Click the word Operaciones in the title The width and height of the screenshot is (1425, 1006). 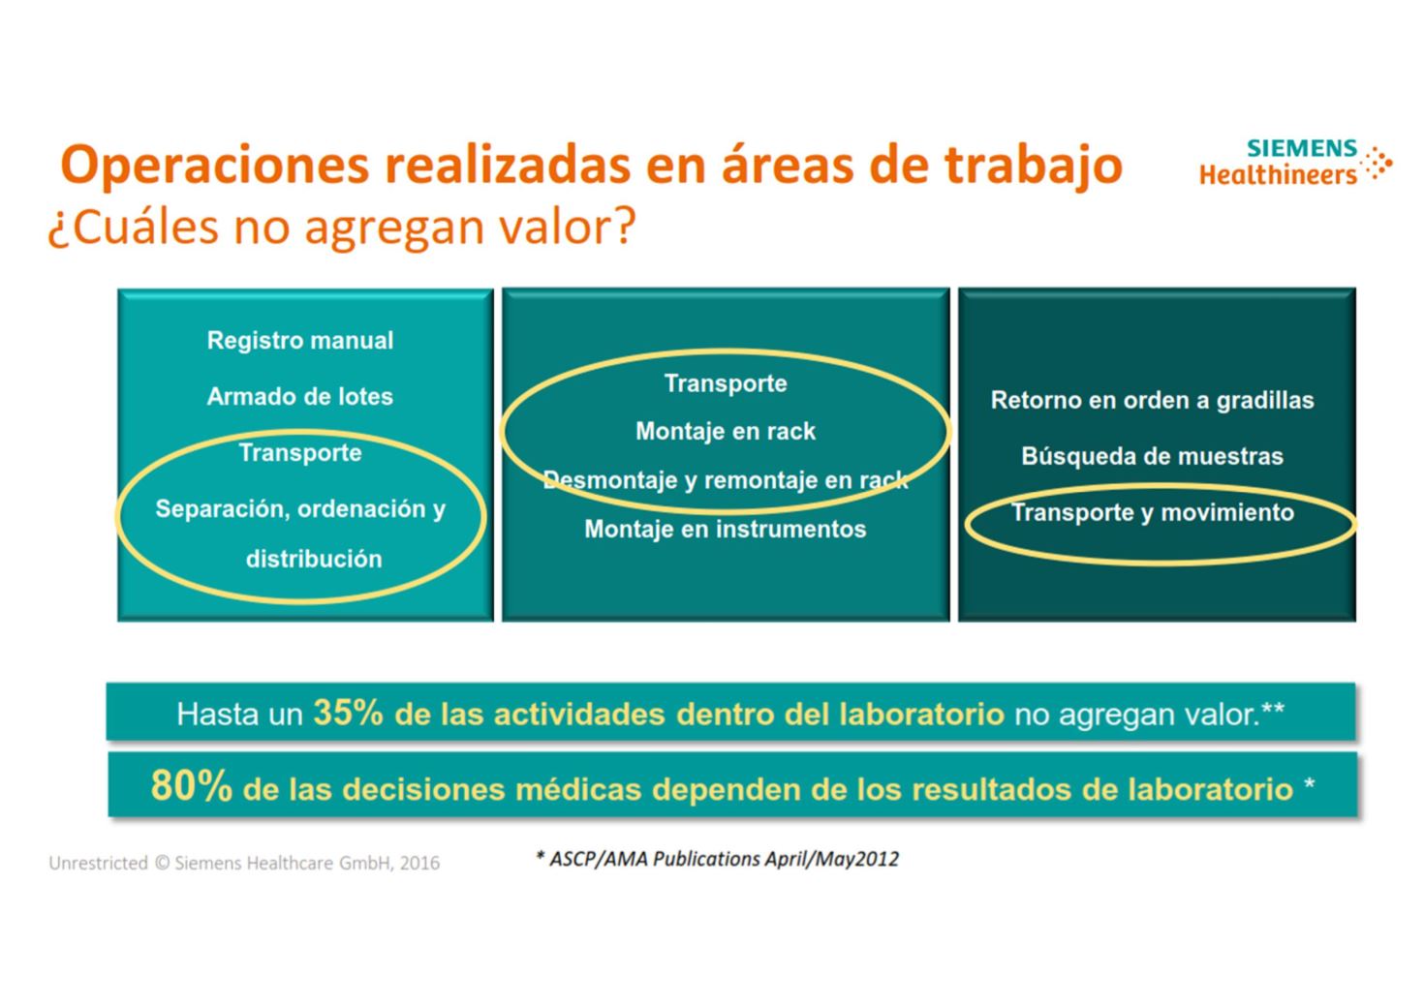click(x=214, y=166)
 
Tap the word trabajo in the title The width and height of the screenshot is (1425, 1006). click(x=1033, y=166)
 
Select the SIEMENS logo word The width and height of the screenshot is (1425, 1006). click(x=1302, y=148)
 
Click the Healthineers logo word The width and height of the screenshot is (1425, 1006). click(x=1279, y=174)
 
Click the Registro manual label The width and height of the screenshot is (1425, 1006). click(x=300, y=340)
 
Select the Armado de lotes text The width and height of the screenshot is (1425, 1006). click(x=300, y=397)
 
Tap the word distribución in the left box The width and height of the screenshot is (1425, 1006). click(x=314, y=559)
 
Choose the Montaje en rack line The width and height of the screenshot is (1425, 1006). click(x=726, y=431)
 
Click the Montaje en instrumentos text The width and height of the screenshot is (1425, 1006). click(x=726, y=529)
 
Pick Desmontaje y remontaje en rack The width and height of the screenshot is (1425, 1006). click(x=726, y=480)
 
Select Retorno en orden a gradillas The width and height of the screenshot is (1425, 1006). click(x=1152, y=400)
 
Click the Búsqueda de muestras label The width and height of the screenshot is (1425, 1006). click(x=1152, y=456)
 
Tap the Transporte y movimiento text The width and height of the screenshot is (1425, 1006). click(x=1152, y=512)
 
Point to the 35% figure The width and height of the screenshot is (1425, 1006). click(x=348, y=713)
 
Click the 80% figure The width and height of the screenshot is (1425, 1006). click(x=191, y=785)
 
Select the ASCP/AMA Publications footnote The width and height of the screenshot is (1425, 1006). click(x=718, y=859)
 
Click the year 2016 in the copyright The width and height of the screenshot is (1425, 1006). click(x=419, y=863)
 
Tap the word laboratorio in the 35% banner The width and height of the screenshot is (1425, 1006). click(x=922, y=714)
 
